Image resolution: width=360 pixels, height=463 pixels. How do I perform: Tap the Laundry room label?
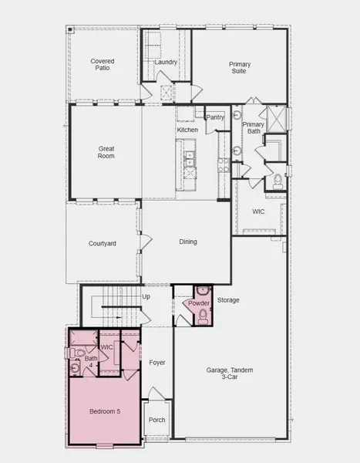(166, 62)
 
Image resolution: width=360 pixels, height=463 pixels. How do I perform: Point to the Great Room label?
(106, 151)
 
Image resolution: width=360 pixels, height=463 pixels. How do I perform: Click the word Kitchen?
(187, 130)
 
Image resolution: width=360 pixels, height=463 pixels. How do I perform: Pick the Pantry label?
(215, 117)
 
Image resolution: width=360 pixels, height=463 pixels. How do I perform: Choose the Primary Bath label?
(254, 128)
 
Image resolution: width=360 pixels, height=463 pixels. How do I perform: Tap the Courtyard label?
(103, 244)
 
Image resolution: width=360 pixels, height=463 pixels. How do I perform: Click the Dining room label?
(188, 242)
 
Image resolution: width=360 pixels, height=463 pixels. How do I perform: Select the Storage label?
(228, 299)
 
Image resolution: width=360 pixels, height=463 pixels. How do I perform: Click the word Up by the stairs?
(146, 296)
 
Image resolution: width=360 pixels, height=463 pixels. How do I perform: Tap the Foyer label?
(157, 361)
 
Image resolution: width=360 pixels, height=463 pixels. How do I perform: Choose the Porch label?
(157, 421)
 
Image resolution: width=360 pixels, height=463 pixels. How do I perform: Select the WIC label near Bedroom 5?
(107, 347)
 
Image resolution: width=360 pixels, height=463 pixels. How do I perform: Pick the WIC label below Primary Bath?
(258, 211)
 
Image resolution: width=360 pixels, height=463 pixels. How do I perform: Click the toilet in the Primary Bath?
(278, 182)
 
